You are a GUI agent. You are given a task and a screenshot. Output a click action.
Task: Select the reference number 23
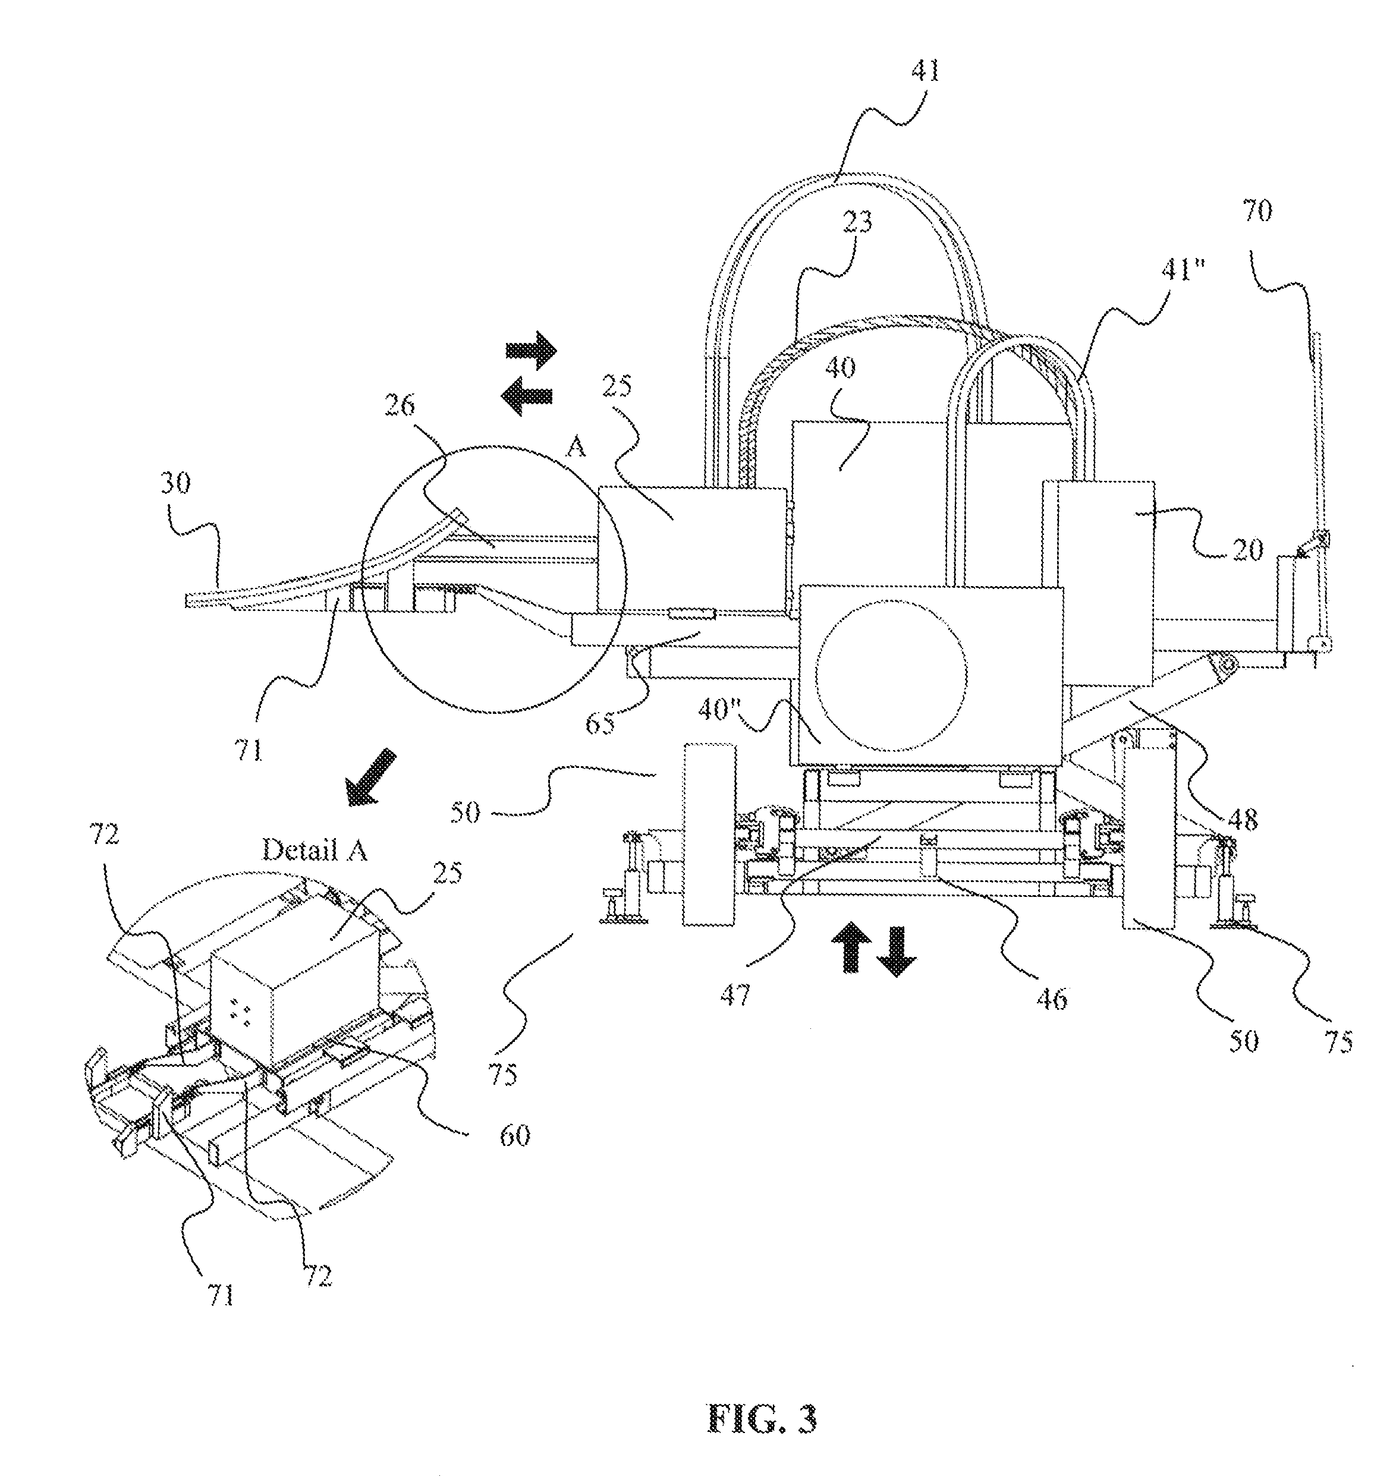pyautogui.click(x=856, y=222)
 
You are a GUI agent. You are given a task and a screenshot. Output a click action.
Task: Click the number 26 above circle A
pyautogui.click(x=400, y=407)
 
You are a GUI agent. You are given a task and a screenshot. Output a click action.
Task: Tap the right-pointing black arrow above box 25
pyautogui.click(x=531, y=349)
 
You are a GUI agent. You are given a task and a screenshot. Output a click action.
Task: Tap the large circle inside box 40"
pyautogui.click(x=892, y=675)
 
